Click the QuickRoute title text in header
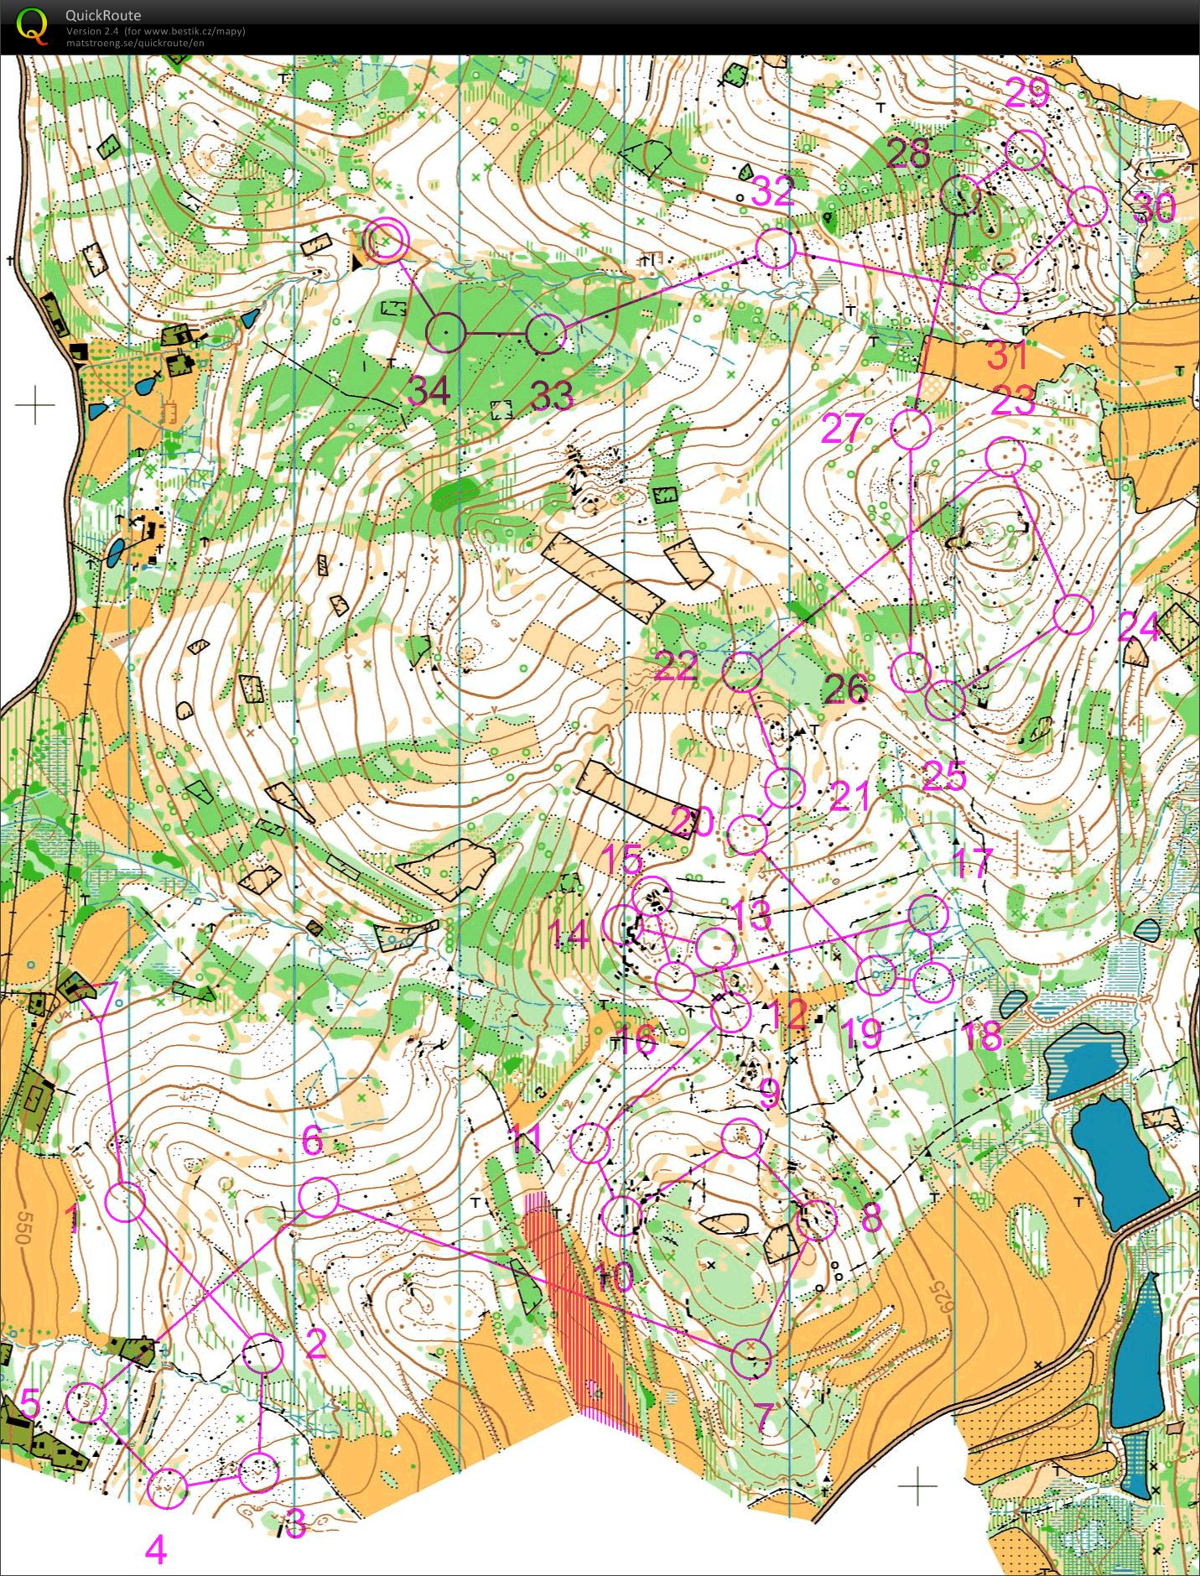(x=103, y=15)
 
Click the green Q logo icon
(x=32, y=25)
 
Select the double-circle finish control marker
(x=385, y=241)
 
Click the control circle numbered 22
(x=742, y=671)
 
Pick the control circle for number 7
(x=751, y=1358)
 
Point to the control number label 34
(x=429, y=392)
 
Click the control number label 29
(x=1026, y=93)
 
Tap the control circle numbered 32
(x=775, y=248)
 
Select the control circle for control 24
(x=1073, y=615)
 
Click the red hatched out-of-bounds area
(x=579, y=1308)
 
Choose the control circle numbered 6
(x=319, y=1198)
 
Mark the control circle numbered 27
(x=911, y=429)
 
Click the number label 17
(x=973, y=862)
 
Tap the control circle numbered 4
(x=167, y=1489)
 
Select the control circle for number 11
(x=590, y=1144)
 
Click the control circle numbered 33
(x=547, y=335)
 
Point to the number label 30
(x=1155, y=207)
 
